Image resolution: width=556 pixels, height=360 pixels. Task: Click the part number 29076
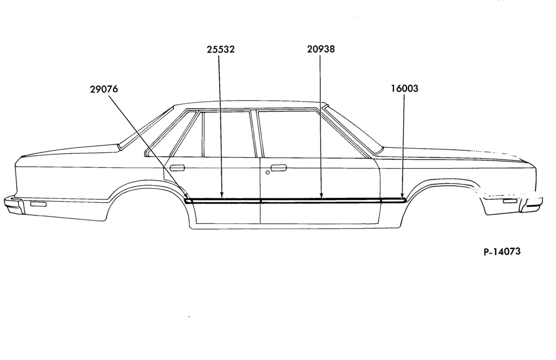coord(103,89)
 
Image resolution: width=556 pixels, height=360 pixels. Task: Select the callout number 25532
coord(221,49)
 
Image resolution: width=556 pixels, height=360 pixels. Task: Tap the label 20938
coord(321,49)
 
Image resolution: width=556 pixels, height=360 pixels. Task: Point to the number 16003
coord(405,88)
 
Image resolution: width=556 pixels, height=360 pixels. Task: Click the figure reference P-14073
coord(502,252)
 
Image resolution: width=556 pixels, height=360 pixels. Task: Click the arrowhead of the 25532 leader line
coord(222,195)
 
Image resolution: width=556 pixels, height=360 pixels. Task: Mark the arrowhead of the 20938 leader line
coord(321,195)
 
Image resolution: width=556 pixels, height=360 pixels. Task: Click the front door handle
coord(279,168)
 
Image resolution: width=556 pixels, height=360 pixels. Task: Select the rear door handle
coord(177,168)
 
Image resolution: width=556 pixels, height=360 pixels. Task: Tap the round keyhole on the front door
coord(267,173)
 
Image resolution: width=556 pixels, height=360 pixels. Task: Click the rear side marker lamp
coord(39,204)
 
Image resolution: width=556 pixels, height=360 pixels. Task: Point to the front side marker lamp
coord(510,201)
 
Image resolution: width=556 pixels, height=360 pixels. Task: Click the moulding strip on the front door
coord(321,201)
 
